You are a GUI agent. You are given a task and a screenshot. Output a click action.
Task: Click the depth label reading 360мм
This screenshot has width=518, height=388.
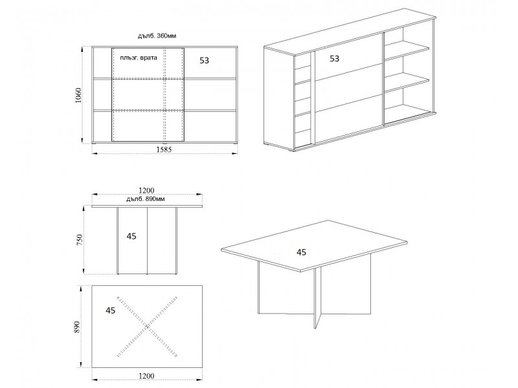coord(157,36)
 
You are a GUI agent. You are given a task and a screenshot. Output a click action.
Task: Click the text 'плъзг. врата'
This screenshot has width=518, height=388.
coord(139,58)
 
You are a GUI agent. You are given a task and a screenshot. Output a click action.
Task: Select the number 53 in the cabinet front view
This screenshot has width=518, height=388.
coord(205,60)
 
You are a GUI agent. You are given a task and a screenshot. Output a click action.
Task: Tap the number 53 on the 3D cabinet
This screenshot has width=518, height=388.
coord(335,58)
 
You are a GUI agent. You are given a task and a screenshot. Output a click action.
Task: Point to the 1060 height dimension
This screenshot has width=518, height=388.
coord(78,95)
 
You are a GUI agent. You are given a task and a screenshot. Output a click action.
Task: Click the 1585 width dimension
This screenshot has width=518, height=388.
coord(164,149)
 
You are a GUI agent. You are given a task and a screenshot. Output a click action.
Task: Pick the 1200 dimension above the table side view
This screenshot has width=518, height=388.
coord(146,191)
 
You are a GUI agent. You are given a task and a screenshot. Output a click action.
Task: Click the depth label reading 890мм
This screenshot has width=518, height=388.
coord(146,199)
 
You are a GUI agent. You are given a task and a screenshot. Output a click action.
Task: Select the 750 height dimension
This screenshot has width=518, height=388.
coord(79,240)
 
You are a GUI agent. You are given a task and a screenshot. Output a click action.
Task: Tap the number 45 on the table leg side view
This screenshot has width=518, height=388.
coord(131,236)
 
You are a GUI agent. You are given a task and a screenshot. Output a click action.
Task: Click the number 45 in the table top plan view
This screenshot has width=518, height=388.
coord(111,310)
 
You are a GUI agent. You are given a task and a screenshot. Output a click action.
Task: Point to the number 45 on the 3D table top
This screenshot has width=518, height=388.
coord(301,252)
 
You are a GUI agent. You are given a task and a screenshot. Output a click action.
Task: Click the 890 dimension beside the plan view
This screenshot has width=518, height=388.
coord(77,327)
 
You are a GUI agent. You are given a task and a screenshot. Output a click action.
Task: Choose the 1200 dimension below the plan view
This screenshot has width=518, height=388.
coord(146,376)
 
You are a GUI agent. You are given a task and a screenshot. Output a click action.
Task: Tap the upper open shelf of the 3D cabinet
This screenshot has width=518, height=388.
coord(407,51)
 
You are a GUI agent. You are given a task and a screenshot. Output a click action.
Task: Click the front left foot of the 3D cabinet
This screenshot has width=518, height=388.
coord(291,150)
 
